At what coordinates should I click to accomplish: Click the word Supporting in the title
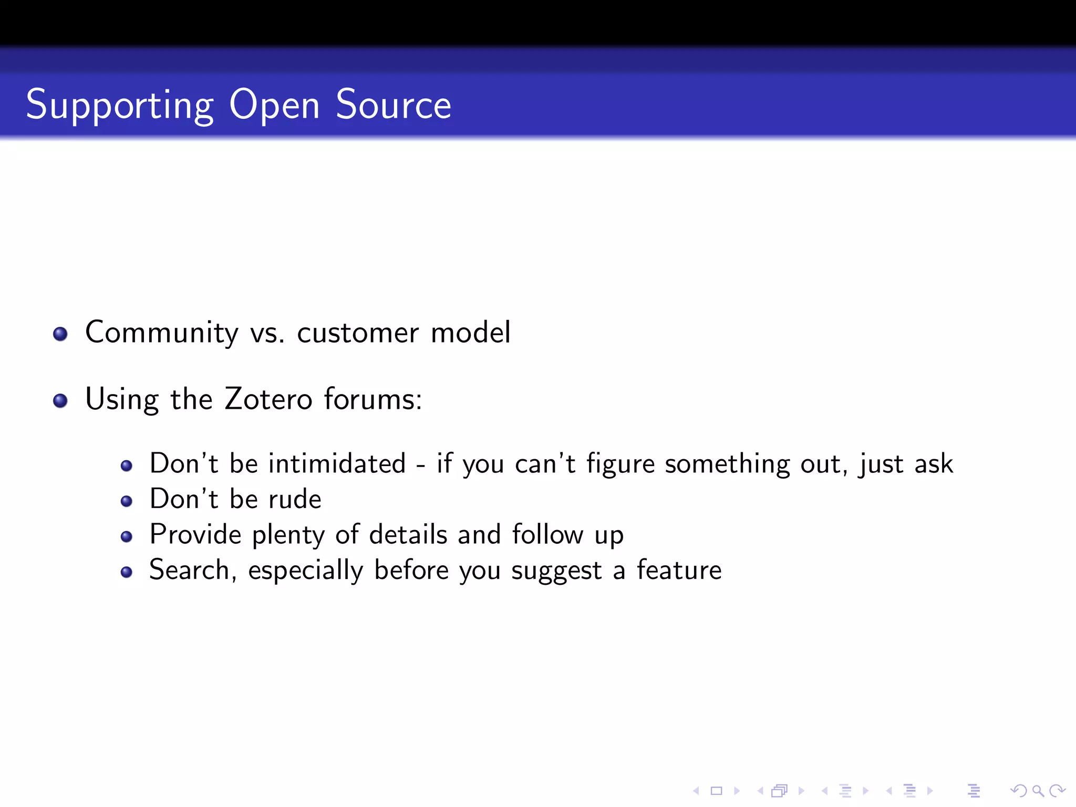coord(120,105)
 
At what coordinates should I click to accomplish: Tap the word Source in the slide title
coord(393,105)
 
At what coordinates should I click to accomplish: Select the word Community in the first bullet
coord(162,333)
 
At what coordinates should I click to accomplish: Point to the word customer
coord(358,333)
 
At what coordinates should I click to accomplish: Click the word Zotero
coord(268,399)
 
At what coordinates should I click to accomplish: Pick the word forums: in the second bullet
coord(373,399)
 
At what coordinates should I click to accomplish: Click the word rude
coord(295,499)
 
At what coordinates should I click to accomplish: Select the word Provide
coord(195,535)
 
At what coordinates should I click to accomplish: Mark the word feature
coord(679,571)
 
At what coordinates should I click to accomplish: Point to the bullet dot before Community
coord(60,334)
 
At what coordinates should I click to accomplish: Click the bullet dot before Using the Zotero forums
coord(60,401)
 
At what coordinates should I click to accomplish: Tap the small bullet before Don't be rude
coord(126,501)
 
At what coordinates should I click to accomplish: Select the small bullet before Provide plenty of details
coord(126,536)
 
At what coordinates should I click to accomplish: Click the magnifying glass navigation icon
coord(1038,791)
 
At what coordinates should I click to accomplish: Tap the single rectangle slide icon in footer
coord(717,791)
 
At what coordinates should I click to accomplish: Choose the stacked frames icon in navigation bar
coord(780,791)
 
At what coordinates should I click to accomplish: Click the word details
coord(408,535)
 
